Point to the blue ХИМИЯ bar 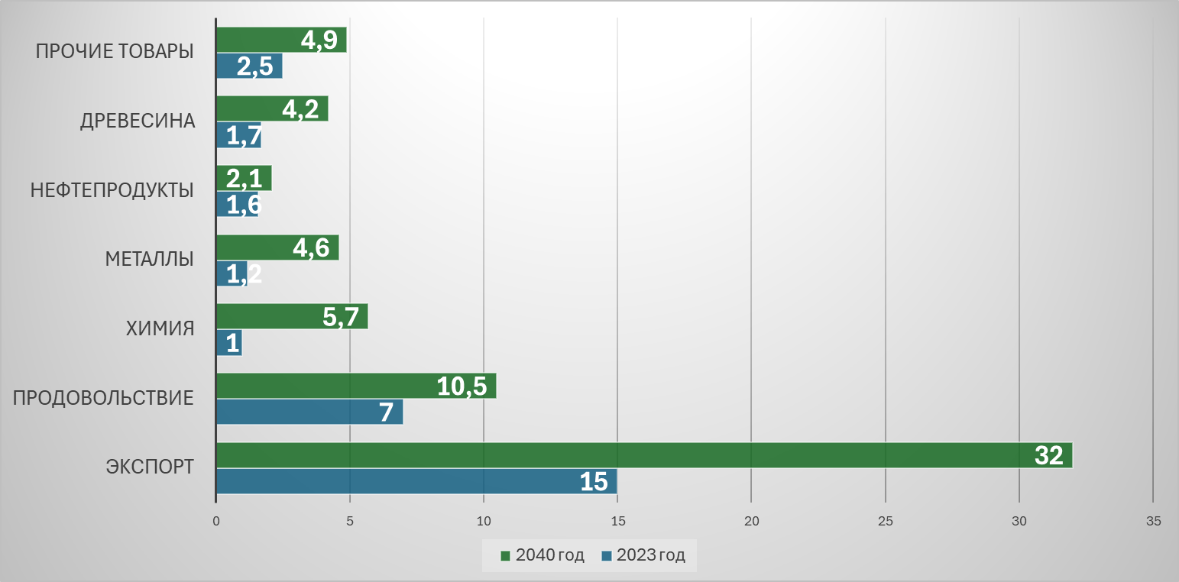[x=229, y=343]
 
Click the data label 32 [x=1048, y=456]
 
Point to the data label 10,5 [x=462, y=386]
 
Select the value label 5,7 [x=341, y=317]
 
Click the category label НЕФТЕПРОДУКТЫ [x=112, y=190]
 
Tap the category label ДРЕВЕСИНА [x=138, y=121]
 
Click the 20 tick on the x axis [x=752, y=522]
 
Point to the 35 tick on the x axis [x=1153, y=522]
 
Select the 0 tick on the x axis [x=216, y=522]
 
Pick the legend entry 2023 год [x=643, y=555]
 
